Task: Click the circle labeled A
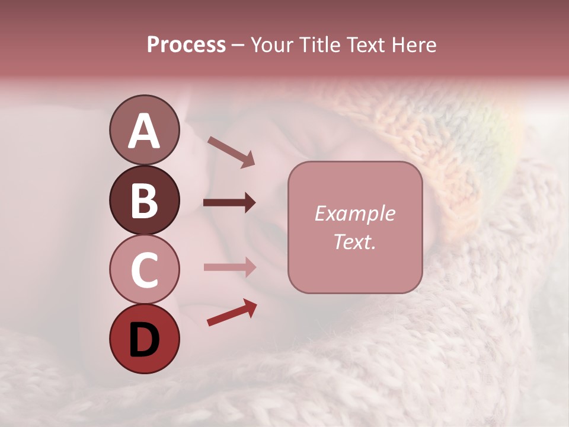[144, 130]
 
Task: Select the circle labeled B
[144, 200]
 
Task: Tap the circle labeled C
[144, 269]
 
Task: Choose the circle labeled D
[144, 339]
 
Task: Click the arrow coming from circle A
[231, 152]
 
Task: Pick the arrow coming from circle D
[232, 313]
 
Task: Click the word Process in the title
[186, 45]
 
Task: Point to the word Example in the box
[354, 213]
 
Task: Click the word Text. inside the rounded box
[354, 242]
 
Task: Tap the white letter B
[144, 200]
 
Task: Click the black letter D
[144, 339]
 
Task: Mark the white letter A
[144, 131]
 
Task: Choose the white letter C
[144, 270]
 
